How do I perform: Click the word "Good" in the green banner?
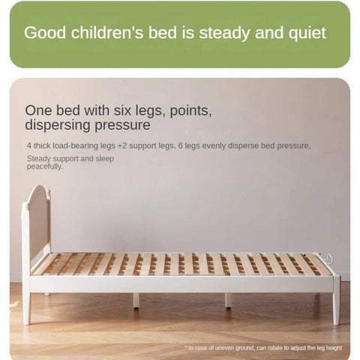click(x=43, y=33)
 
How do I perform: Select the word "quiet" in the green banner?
click(x=307, y=33)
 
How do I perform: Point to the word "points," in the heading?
click(x=190, y=110)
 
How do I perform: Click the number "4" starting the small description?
click(x=29, y=145)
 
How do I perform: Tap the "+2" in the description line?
click(x=123, y=145)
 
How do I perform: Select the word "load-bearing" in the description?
click(x=73, y=145)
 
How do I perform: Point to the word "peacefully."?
click(x=45, y=166)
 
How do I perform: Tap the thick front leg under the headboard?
click(x=27, y=304)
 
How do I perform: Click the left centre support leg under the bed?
click(x=136, y=300)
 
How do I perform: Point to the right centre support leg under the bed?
click(x=228, y=300)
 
